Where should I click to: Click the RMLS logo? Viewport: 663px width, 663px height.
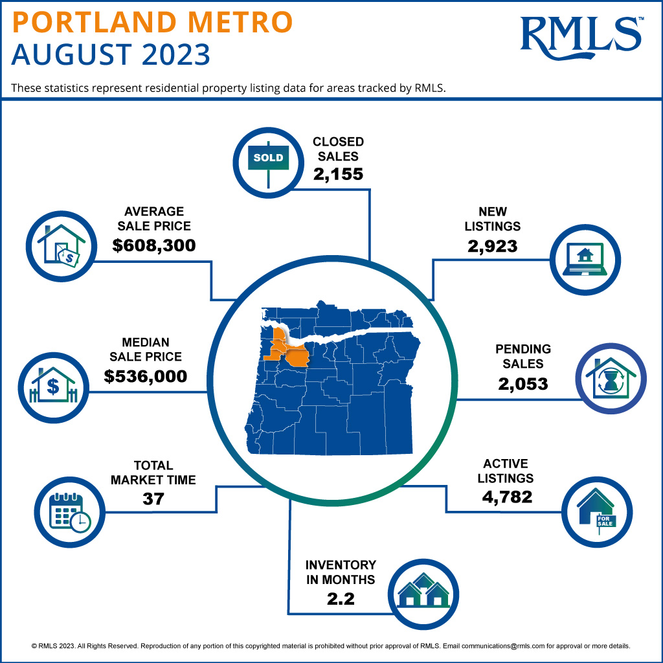[x=581, y=35]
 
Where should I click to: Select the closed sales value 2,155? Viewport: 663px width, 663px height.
[x=338, y=174]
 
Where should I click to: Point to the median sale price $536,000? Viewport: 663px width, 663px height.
[x=146, y=376]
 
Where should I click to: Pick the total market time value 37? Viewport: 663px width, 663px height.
[x=153, y=499]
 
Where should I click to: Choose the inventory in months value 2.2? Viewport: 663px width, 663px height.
[x=341, y=598]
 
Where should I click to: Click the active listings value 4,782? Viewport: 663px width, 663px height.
[x=507, y=497]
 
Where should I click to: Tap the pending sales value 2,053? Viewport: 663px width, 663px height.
[x=523, y=383]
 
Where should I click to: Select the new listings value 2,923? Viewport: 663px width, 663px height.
[x=493, y=246]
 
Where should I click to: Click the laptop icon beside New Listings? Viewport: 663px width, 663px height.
[x=585, y=259]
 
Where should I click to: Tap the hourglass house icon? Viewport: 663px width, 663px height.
[x=611, y=378]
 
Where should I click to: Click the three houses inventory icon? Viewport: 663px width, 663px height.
[x=423, y=590]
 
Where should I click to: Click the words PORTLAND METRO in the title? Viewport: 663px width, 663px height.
[x=153, y=21]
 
